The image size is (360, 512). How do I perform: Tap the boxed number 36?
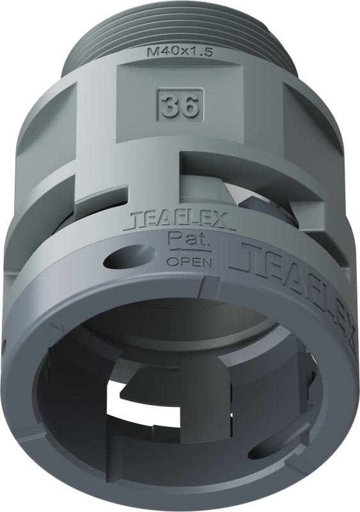tap(180, 106)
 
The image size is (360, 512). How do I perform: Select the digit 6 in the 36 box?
tap(188, 106)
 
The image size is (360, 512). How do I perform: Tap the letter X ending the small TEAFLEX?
tap(226, 221)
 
